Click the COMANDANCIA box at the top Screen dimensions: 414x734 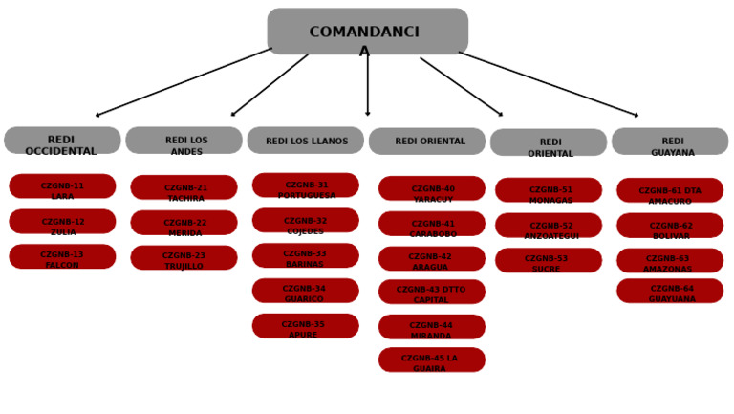pos(367,32)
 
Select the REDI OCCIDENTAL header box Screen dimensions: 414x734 pos(62,141)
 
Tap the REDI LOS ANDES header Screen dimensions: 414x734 pos(183,141)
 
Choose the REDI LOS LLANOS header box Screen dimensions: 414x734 pos(305,141)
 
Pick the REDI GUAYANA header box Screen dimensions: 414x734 pos(670,142)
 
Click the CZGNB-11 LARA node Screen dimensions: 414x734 pos(62,186)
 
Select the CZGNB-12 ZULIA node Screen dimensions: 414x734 pos(62,222)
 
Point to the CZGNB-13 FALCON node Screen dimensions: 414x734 pos(62,256)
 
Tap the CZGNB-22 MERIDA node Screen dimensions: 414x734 pos(183,223)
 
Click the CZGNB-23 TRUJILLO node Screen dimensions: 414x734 pos(183,258)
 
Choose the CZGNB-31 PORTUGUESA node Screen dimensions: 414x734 pos(305,185)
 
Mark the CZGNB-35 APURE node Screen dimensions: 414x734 pos(305,326)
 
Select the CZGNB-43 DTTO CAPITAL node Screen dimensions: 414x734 pos(431,292)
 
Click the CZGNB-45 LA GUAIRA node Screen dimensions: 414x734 pos(431,360)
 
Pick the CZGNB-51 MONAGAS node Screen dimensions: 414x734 pos(549,190)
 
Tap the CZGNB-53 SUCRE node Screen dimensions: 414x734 pos(549,260)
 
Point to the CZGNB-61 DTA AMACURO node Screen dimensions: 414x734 pos(670,190)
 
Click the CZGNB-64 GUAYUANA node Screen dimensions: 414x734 pos(670,291)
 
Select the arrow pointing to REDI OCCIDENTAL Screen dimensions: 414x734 pos(182,82)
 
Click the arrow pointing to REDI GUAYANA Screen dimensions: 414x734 pos(550,83)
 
